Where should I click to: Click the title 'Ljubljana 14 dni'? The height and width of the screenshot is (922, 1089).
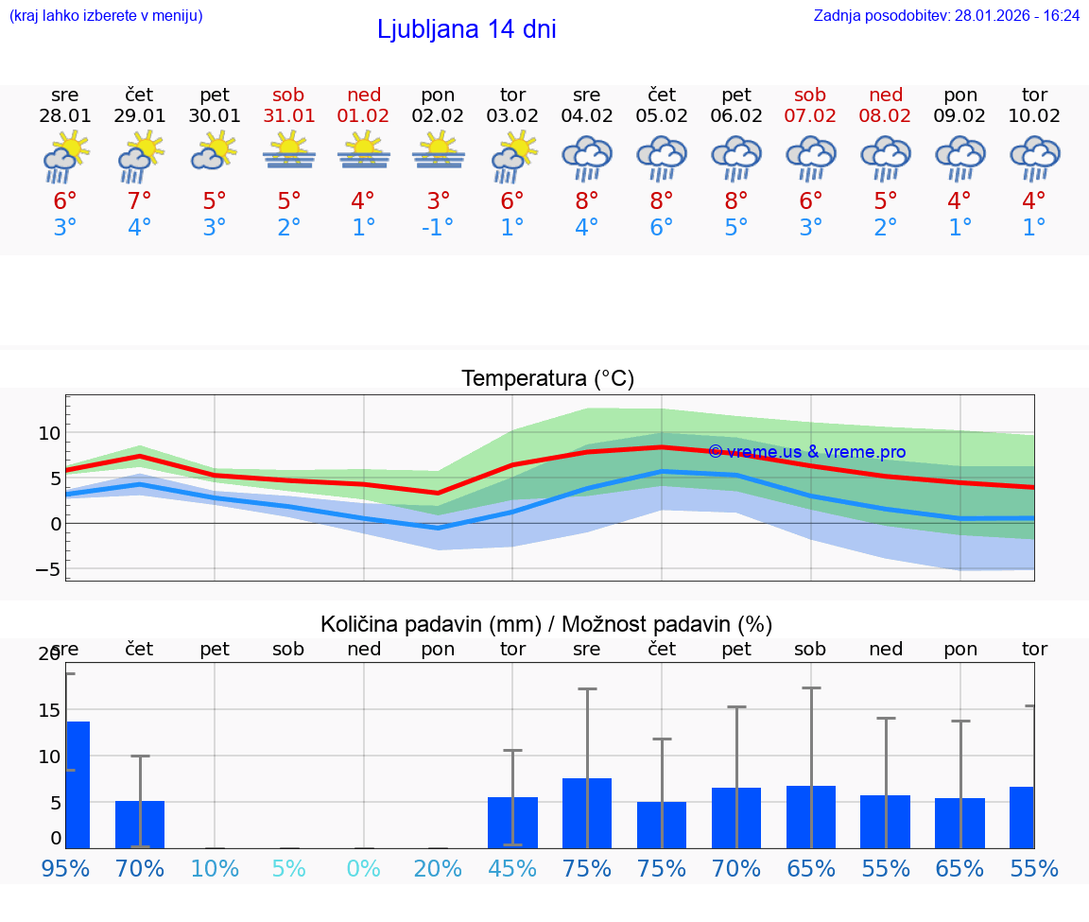(466, 29)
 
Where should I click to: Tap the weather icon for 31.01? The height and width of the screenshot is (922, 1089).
(289, 151)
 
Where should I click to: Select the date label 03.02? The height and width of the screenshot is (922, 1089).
(512, 115)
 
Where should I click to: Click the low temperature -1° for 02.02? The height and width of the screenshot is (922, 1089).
(438, 228)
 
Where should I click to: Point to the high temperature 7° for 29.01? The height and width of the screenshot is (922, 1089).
(140, 201)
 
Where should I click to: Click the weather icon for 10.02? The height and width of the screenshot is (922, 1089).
(1034, 157)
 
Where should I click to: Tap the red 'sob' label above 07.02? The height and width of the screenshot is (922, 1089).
(810, 95)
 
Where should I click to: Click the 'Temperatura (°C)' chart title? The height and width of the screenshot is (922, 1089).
(547, 379)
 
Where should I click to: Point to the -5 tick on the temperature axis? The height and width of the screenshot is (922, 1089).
(47, 569)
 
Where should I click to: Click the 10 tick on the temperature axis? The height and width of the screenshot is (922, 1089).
(49, 433)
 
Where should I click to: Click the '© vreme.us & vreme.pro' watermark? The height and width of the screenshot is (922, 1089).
(806, 452)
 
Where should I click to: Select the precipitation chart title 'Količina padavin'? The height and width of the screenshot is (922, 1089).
(546, 624)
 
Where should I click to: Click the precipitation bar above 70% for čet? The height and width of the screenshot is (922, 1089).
(140, 824)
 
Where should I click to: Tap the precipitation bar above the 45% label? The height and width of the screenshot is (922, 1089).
(512, 822)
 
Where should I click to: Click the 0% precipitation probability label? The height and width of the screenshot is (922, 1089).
(364, 868)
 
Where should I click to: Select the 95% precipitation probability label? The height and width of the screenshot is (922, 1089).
(65, 868)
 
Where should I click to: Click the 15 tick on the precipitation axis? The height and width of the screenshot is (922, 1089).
(48, 710)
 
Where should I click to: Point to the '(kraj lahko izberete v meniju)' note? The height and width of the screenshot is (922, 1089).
(106, 15)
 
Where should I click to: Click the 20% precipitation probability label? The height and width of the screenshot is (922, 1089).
(438, 868)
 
